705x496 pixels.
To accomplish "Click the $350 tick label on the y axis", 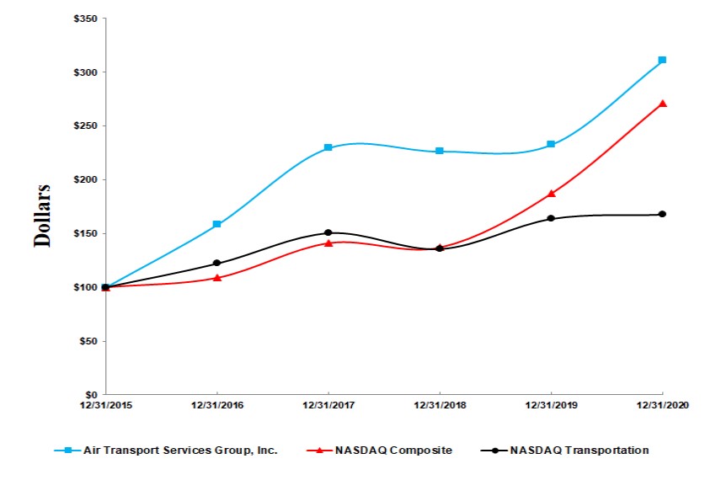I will click(87, 19).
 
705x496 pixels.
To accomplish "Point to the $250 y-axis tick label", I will click(87, 126).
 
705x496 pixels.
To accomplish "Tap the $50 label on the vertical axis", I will click(89, 341).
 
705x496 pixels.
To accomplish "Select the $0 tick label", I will click(93, 394).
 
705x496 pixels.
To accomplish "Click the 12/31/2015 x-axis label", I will click(106, 405).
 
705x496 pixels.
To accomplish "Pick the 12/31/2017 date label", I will click(328, 405).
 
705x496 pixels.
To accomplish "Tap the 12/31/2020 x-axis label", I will click(663, 405).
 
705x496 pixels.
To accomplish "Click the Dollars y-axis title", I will click(41, 215).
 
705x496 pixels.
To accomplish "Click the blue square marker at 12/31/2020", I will click(663, 60).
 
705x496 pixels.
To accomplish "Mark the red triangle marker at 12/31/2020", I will click(663, 104).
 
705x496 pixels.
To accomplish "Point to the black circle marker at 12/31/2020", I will click(663, 214).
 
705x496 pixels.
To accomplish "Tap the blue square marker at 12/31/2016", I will click(217, 225).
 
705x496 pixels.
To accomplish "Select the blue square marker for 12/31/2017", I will click(328, 148).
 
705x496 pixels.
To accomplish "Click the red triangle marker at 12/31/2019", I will click(552, 194).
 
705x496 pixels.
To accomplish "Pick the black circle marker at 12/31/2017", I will click(328, 232).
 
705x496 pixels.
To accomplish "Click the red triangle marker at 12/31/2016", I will click(217, 277).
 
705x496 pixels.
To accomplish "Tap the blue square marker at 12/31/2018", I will click(440, 151).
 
